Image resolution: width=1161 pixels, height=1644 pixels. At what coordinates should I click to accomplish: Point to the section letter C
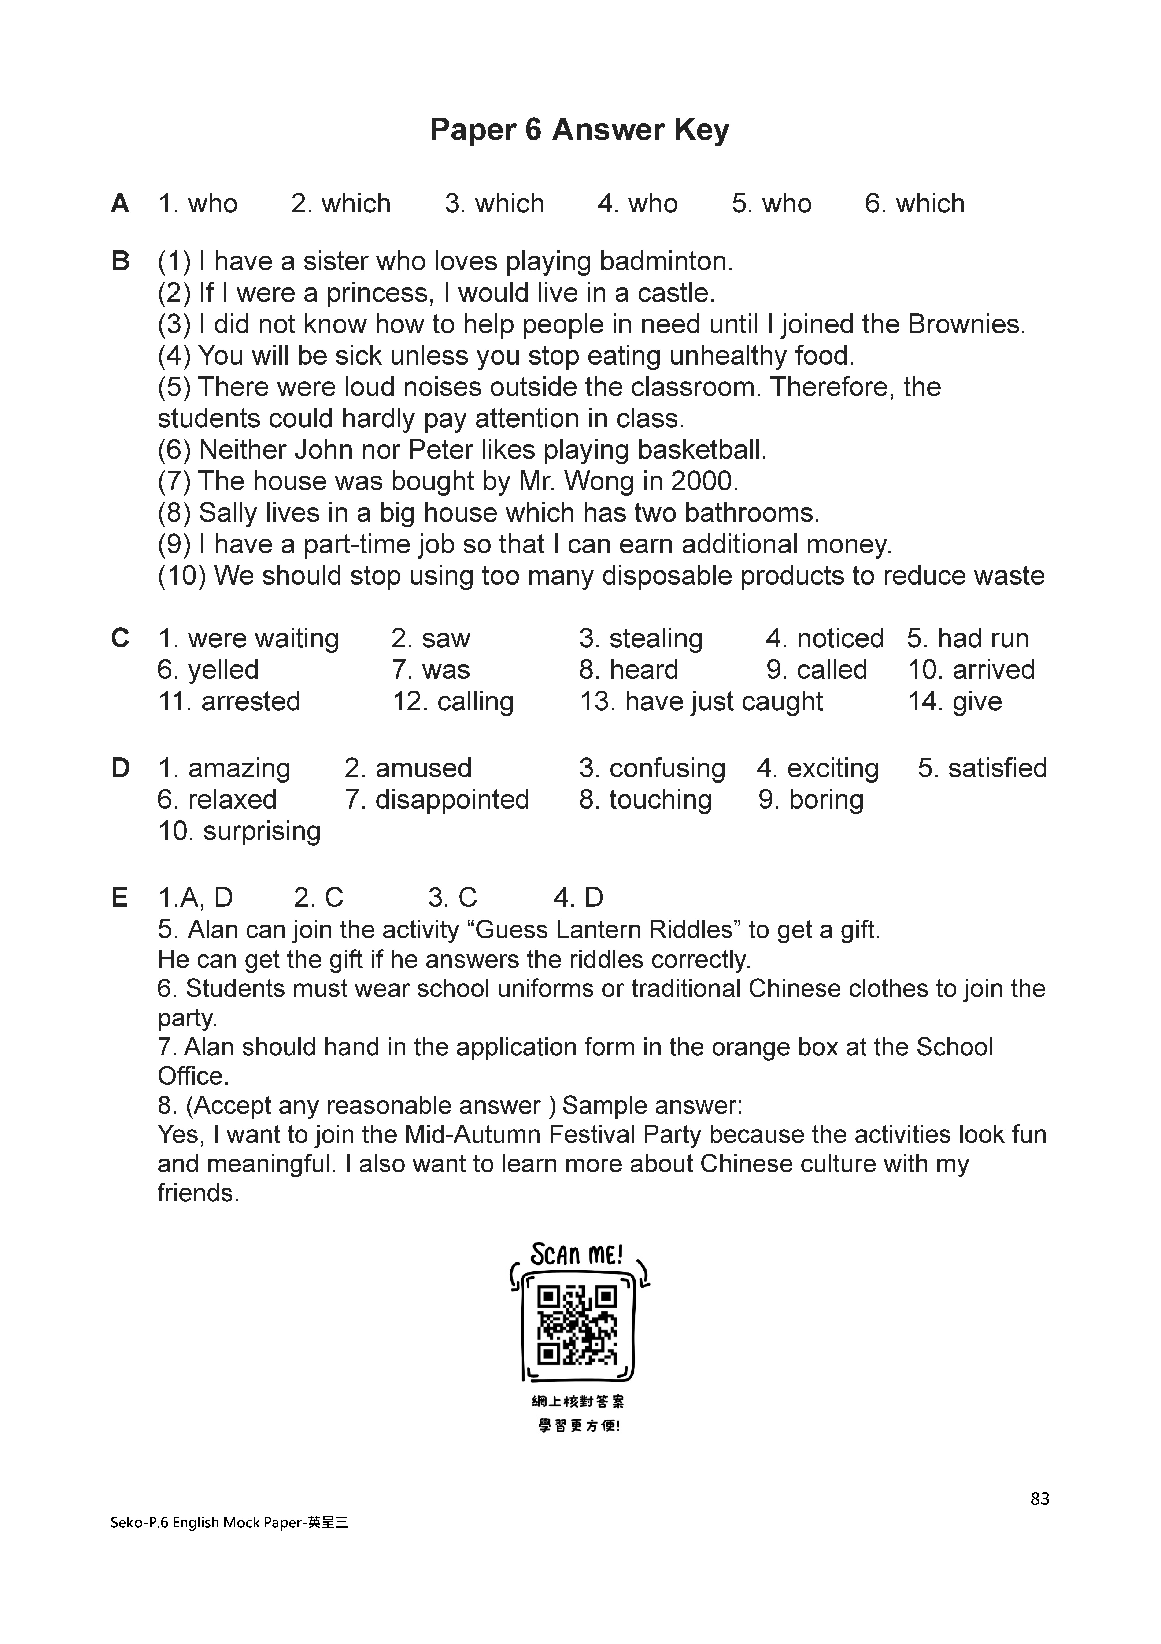(x=120, y=638)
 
